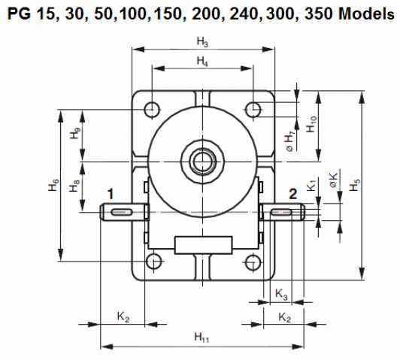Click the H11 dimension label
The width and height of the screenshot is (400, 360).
pyautogui.click(x=202, y=338)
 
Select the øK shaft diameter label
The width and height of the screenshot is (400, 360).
pyautogui.click(x=333, y=180)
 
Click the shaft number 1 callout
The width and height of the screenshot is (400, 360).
pyautogui.click(x=110, y=194)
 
